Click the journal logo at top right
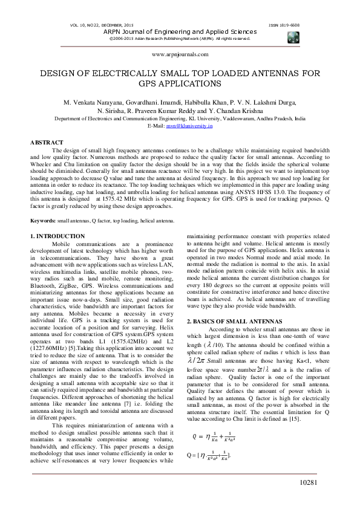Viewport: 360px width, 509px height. tap(294, 36)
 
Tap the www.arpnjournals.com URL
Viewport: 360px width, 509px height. tap(179, 54)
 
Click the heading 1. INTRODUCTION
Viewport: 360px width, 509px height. tap(57, 236)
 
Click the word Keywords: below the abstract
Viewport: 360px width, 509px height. tap(43, 222)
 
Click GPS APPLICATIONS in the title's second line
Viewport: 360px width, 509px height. tap(180, 83)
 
